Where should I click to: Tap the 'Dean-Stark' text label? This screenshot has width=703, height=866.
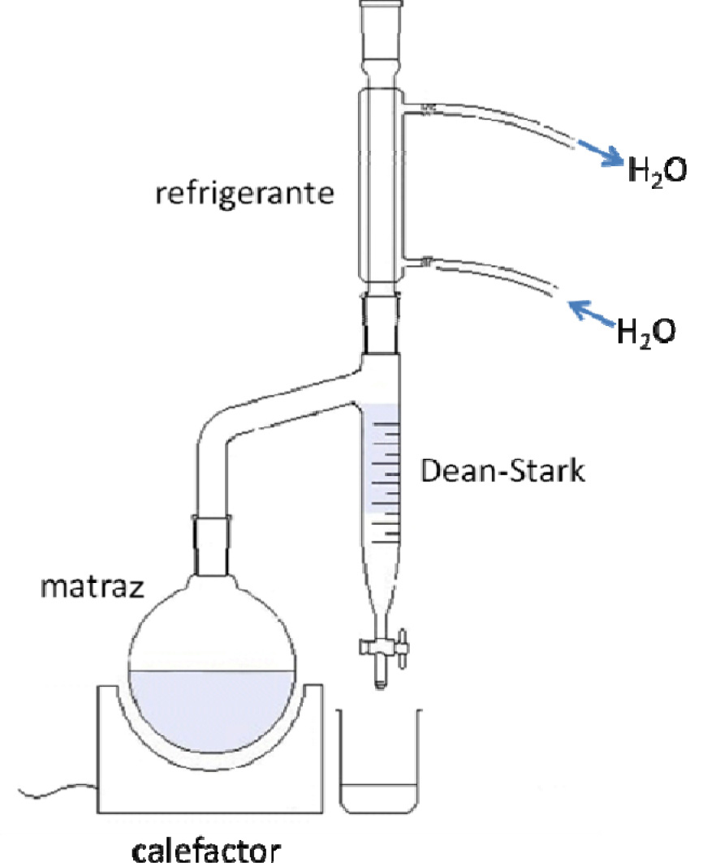(x=502, y=471)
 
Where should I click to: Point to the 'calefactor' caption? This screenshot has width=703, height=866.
(x=207, y=851)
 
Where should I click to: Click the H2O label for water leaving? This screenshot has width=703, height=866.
(x=656, y=170)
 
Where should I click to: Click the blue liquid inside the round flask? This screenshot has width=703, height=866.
(x=211, y=710)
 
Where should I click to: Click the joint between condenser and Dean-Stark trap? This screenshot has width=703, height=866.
(x=382, y=324)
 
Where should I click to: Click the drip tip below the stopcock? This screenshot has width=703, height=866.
(x=379, y=680)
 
